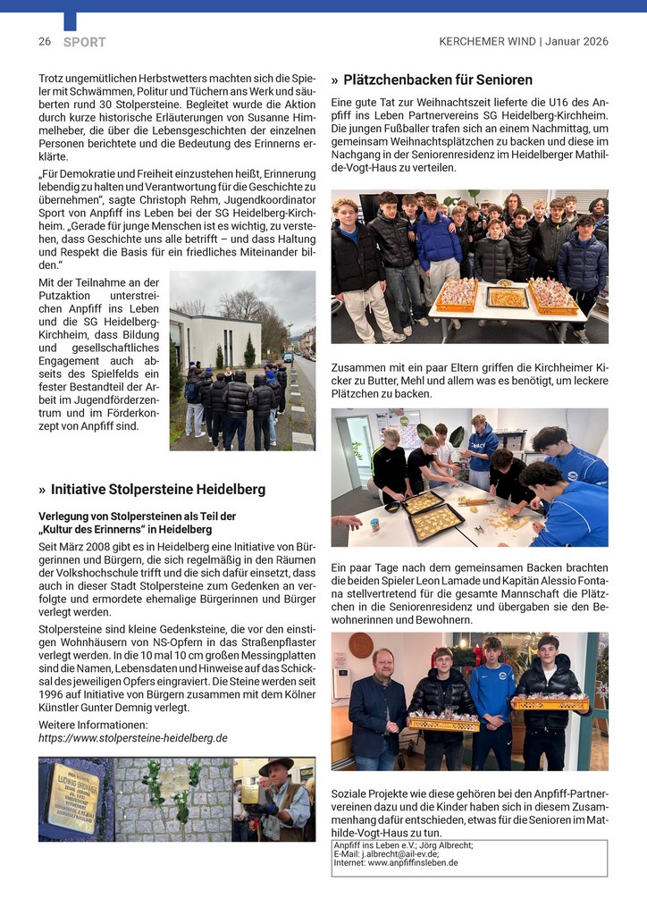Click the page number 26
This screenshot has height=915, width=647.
click(44, 42)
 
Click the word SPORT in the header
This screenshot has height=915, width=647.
click(85, 42)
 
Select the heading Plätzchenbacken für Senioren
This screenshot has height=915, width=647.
click(438, 80)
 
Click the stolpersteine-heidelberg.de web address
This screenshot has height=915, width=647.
click(133, 738)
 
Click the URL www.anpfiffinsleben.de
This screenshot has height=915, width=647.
click(412, 862)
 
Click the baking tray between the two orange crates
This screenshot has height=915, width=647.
click(507, 298)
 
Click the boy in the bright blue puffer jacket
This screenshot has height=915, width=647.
click(438, 241)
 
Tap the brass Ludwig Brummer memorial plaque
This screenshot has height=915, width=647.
click(73, 798)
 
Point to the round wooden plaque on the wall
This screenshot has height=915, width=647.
click(361, 644)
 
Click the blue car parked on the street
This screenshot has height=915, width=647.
click(288, 357)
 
